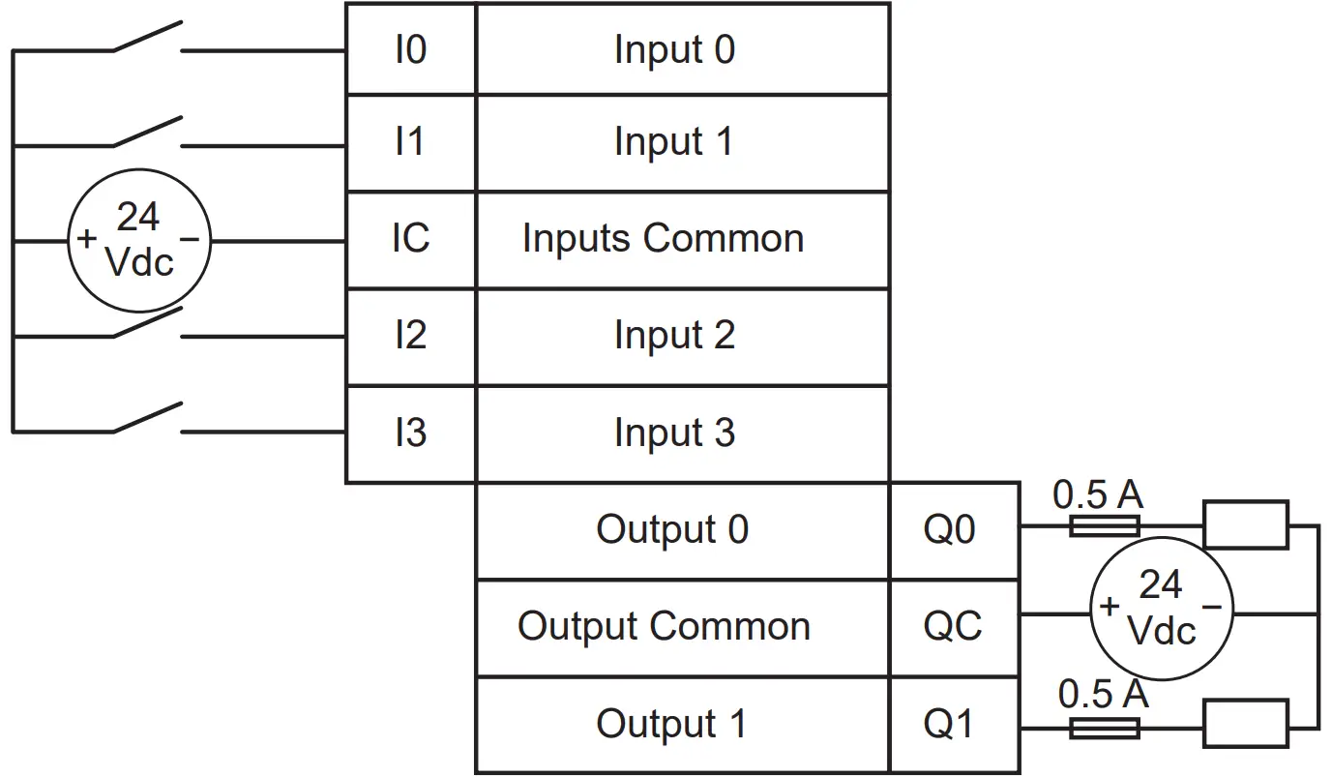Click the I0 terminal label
pyautogui.click(x=410, y=49)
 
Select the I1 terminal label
pyautogui.click(x=410, y=142)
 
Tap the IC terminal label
pyautogui.click(x=410, y=238)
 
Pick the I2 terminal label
pyautogui.click(x=410, y=336)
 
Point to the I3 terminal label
pyautogui.click(x=410, y=433)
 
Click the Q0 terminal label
pyautogui.click(x=951, y=529)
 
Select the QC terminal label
pyautogui.click(x=952, y=627)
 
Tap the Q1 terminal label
pyautogui.click(x=951, y=724)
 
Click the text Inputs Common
pyautogui.click(x=663, y=238)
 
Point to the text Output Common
pyautogui.click(x=664, y=627)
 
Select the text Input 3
pyautogui.click(x=674, y=433)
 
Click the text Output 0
pyautogui.click(x=672, y=529)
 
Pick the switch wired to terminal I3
pyautogui.click(x=147, y=419)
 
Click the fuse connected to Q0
pyautogui.click(x=1104, y=526)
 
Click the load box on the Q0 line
pyautogui.click(x=1244, y=525)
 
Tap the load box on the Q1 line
pyautogui.click(x=1244, y=724)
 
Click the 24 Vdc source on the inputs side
pyautogui.click(x=138, y=239)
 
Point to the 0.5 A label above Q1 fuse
pyautogui.click(x=1103, y=694)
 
